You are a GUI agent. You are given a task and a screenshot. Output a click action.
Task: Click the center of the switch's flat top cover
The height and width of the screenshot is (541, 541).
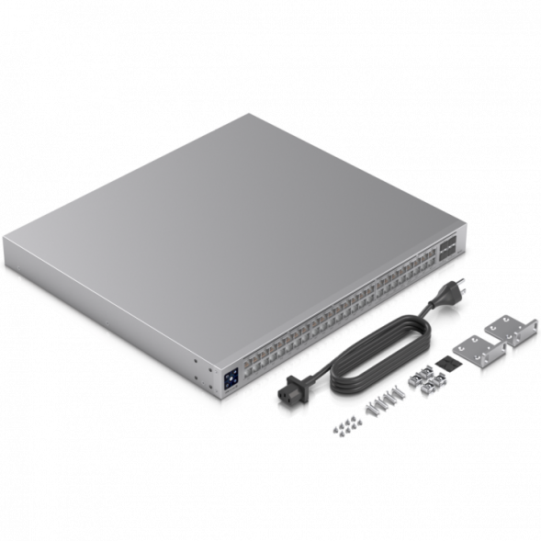click(230, 230)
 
